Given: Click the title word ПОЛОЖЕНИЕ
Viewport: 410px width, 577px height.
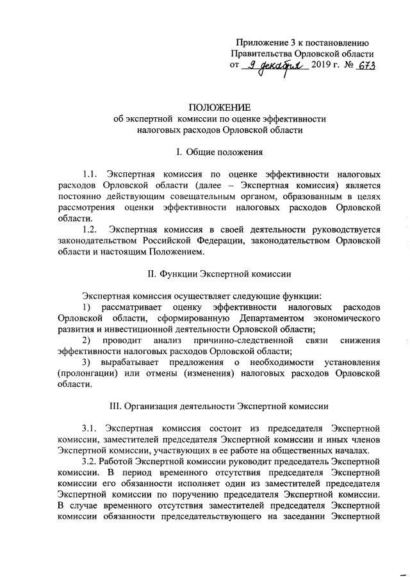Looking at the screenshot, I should coord(220,106).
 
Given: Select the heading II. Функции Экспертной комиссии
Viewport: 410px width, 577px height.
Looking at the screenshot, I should coord(220,274).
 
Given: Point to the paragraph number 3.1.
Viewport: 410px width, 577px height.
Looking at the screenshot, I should coord(92,427).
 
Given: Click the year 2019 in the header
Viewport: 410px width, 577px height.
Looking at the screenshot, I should coord(324,66).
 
